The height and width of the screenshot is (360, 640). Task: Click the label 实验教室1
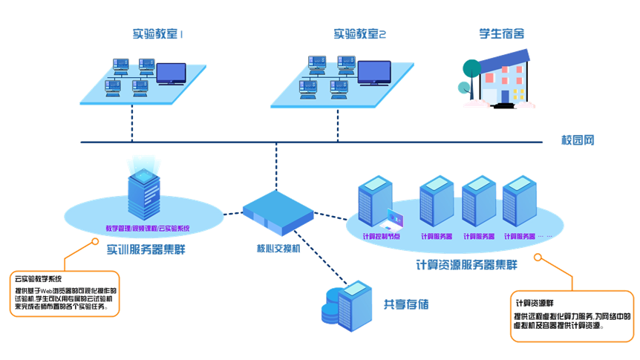coord(157,34)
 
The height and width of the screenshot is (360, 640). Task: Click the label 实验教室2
coord(360,34)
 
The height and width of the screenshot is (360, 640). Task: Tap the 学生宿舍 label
coord(501,34)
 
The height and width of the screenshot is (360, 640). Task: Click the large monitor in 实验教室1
coord(171,73)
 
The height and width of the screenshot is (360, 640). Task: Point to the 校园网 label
coord(578,140)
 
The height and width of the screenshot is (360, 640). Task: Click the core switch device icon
coord(278,212)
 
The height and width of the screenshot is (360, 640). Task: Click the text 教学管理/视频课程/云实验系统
coord(147,228)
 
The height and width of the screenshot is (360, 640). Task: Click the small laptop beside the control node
coord(392,220)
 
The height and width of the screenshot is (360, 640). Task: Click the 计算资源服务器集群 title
coord(467,265)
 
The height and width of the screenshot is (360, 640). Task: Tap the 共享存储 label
coord(406,304)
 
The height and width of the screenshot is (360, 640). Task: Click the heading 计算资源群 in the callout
coord(535,303)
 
